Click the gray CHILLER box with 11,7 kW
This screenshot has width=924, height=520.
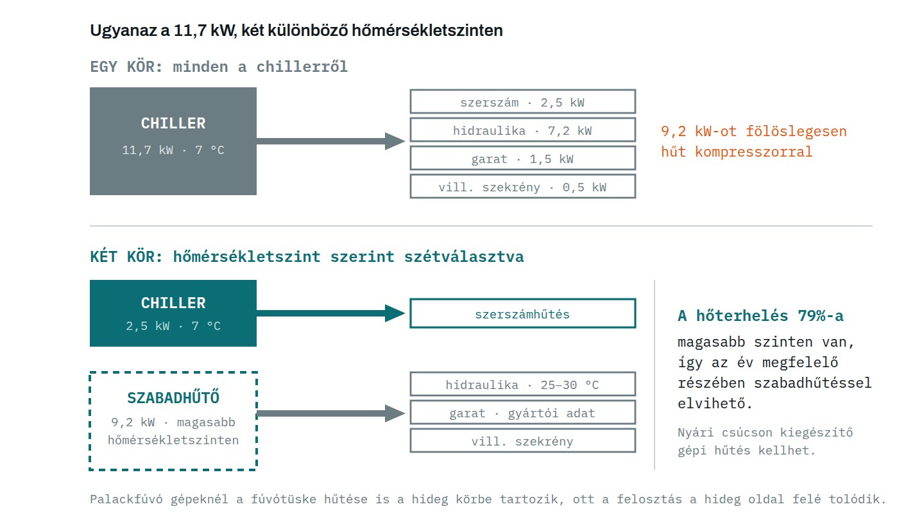tap(173, 141)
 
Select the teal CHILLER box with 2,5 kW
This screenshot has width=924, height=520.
tap(173, 313)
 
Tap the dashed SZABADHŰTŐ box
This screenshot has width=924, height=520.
tap(173, 421)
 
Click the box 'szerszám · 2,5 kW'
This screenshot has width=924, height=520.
tap(522, 101)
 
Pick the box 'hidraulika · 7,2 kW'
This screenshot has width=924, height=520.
tap(522, 130)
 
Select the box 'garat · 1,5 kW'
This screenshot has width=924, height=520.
tap(522, 158)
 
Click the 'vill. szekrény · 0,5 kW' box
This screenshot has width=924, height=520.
tap(522, 187)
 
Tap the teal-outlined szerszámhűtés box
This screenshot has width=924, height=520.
tap(522, 314)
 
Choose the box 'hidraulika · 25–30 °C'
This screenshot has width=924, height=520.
tap(522, 384)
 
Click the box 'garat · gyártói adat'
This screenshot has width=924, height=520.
tap(522, 412)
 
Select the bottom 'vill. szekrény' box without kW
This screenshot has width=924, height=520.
tap(522, 441)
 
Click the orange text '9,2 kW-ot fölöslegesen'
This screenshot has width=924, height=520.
tap(753, 131)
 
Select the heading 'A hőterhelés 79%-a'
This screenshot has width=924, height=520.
tap(760, 316)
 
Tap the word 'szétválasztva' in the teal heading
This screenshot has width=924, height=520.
tap(464, 257)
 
